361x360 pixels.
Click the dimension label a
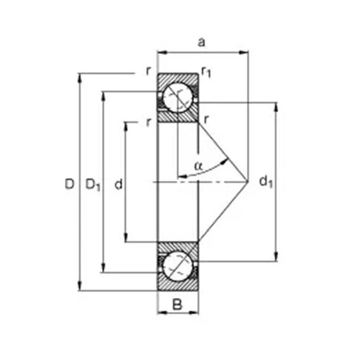201,43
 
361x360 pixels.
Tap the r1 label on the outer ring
207,72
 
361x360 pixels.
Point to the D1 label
92,184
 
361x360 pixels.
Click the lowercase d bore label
118,184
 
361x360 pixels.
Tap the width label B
178,304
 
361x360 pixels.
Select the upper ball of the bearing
177,96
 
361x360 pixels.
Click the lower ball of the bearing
177,265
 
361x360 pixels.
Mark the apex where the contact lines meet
248,180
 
